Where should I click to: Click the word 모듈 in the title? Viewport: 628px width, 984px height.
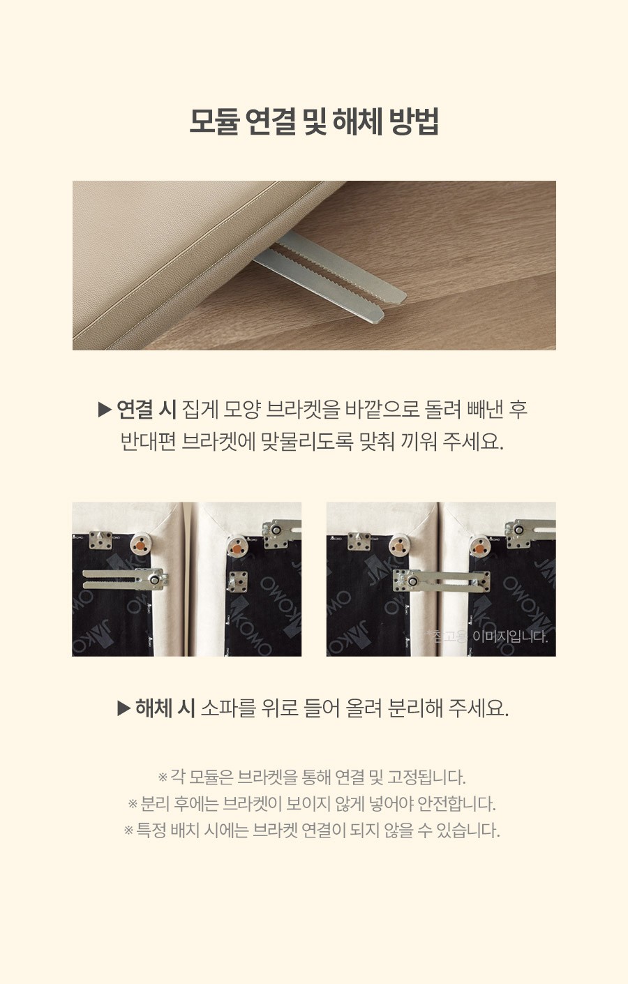point(214,121)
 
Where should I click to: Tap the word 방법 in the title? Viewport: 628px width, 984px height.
point(413,121)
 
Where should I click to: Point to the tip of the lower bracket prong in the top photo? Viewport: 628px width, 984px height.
point(379,316)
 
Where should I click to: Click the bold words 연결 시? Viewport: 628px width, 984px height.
point(147,410)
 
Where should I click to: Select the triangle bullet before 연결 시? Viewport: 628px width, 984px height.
point(105,410)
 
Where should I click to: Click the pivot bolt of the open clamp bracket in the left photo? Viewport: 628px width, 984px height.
point(155,581)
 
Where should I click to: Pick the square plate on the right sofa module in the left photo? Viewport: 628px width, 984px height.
point(238,581)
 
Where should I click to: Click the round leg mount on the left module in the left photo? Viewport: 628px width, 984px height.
point(140,545)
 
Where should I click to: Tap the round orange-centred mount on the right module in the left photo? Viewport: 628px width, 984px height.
point(237,549)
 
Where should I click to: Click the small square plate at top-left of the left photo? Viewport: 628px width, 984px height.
point(100,540)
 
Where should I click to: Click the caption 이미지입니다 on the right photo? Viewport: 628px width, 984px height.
point(510,636)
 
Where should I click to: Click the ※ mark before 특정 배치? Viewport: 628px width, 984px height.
point(128,830)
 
